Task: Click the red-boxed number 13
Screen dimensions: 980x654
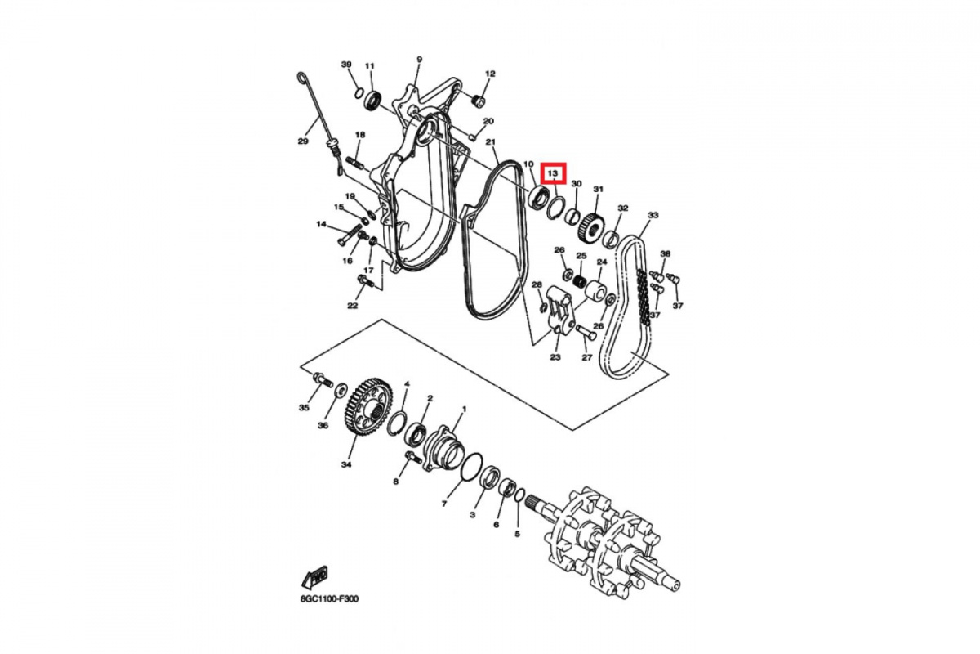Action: (553, 173)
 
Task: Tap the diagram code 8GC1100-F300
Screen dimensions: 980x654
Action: (329, 598)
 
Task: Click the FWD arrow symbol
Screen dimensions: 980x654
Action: (314, 577)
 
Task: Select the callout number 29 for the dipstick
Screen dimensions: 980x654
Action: (303, 141)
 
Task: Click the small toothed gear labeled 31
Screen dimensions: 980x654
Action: (590, 224)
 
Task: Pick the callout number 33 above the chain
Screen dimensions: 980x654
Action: (653, 215)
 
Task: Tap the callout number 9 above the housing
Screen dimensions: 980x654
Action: (419, 60)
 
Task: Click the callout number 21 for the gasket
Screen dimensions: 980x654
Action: (491, 142)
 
